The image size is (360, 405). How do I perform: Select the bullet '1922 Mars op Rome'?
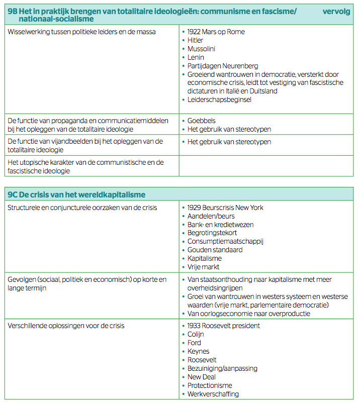click(x=216, y=32)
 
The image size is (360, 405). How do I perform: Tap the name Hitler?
click(x=196, y=40)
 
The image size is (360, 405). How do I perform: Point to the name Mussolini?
click(x=202, y=49)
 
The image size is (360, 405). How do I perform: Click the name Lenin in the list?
click(x=196, y=57)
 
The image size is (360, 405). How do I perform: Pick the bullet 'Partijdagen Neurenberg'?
click(x=223, y=66)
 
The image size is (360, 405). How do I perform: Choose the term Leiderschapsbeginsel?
click(x=219, y=99)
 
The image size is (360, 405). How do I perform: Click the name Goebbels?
click(x=201, y=121)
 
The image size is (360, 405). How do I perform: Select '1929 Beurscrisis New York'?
click(x=225, y=208)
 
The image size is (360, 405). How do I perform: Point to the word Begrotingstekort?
click(x=212, y=233)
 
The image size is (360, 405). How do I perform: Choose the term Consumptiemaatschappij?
click(x=225, y=241)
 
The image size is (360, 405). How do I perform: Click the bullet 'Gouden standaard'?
click(x=215, y=250)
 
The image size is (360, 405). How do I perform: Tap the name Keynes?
click(x=198, y=351)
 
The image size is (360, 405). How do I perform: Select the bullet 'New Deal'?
click(x=202, y=377)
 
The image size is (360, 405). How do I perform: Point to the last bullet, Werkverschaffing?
click(x=213, y=394)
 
